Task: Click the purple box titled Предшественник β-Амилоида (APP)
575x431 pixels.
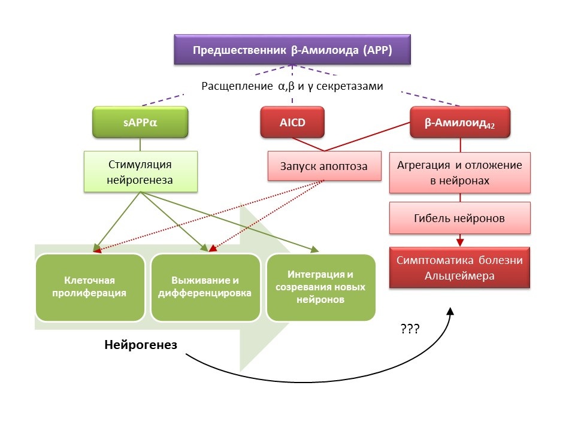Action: click(x=292, y=50)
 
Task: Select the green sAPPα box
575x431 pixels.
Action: click(x=140, y=123)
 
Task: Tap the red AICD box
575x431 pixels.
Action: click(x=292, y=123)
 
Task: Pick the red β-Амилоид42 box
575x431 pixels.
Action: click(x=459, y=123)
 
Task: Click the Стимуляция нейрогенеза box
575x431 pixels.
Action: click(x=140, y=171)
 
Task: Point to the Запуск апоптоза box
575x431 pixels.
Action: click(x=324, y=166)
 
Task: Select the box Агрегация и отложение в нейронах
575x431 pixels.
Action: click(x=459, y=172)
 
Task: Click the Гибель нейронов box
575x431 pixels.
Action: click(x=459, y=218)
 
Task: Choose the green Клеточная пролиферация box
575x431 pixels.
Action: click(x=90, y=287)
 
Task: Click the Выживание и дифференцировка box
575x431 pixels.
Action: click(x=205, y=287)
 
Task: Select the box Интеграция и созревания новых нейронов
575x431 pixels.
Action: click(x=320, y=287)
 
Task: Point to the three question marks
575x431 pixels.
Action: click(x=409, y=329)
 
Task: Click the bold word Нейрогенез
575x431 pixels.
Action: click(x=141, y=345)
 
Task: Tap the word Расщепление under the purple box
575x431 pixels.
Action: click(x=238, y=86)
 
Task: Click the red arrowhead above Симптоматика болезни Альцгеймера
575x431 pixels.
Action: click(x=459, y=242)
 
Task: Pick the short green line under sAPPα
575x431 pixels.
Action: click(x=140, y=145)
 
